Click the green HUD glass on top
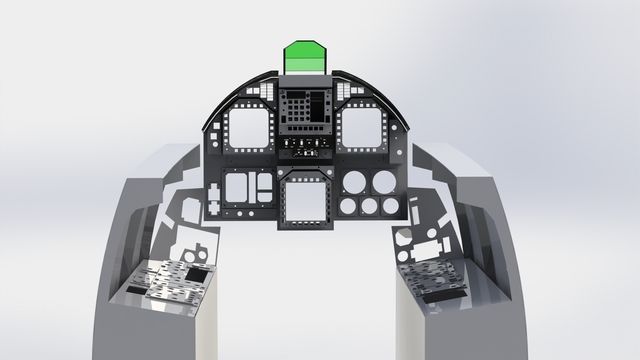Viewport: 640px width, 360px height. click(x=306, y=56)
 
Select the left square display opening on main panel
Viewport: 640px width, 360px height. click(x=250, y=128)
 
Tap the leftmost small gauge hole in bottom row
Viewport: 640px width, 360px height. click(x=347, y=207)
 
